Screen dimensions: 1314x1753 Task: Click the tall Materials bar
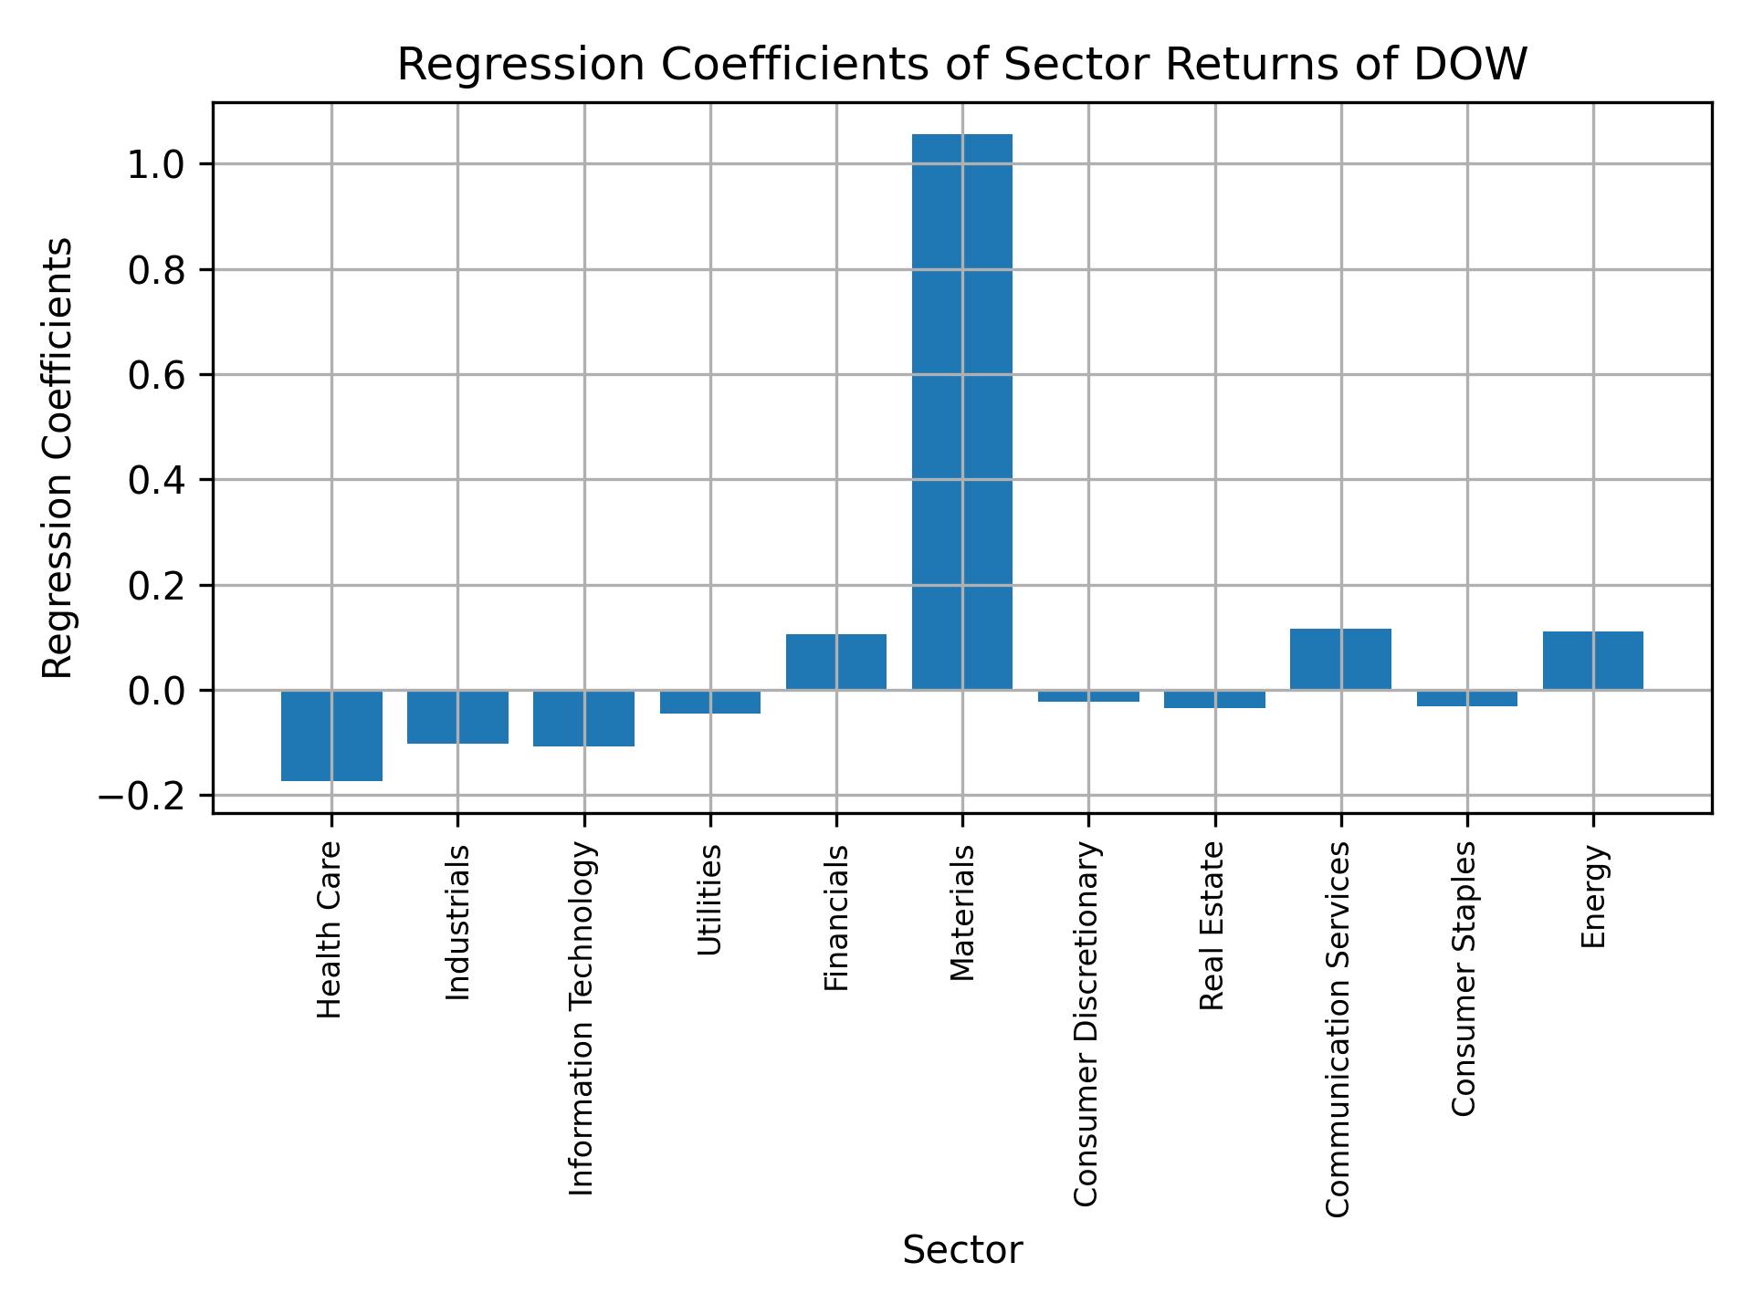[961, 411]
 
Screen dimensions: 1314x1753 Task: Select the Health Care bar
[331, 735]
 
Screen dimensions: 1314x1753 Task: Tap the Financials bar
[835, 662]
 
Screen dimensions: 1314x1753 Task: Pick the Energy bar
[1592, 661]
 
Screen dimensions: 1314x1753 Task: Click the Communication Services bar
[1340, 659]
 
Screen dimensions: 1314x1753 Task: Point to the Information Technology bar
[583, 718]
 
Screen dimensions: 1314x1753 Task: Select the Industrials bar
[457, 716]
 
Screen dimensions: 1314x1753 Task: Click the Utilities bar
[709, 702]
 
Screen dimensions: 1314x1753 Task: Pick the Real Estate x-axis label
[1212, 926]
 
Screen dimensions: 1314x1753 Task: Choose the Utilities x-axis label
[709, 900]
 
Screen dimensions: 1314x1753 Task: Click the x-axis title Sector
[961, 1250]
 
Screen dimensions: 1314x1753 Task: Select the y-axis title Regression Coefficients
[58, 458]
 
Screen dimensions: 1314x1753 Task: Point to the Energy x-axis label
[1593, 897]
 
